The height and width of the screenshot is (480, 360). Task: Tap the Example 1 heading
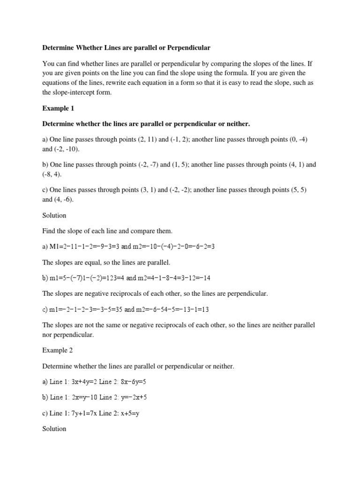pyautogui.click(x=58, y=108)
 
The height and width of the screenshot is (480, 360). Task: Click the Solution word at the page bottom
pyautogui.click(x=54, y=428)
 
